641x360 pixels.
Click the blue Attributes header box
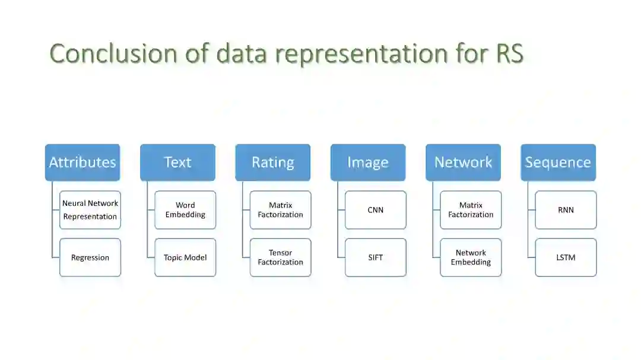tap(82, 163)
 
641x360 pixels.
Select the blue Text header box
tap(177, 163)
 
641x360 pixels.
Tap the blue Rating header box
tap(272, 163)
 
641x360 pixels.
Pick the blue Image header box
tap(368, 163)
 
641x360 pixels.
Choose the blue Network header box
tap(463, 163)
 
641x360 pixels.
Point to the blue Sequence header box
tap(558, 163)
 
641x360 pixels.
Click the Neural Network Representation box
tap(90, 210)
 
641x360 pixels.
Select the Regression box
tap(90, 257)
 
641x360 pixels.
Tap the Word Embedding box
tap(185, 210)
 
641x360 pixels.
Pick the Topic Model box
tap(185, 257)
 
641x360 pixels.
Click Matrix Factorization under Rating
tap(280, 210)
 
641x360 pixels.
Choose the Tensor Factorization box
tap(280, 257)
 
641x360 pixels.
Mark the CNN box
tap(376, 210)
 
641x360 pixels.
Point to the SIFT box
tap(376, 257)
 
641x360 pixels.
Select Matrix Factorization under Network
tap(471, 210)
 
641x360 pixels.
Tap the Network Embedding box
tap(471, 257)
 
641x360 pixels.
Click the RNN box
tap(566, 210)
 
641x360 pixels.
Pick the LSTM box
tap(566, 257)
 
